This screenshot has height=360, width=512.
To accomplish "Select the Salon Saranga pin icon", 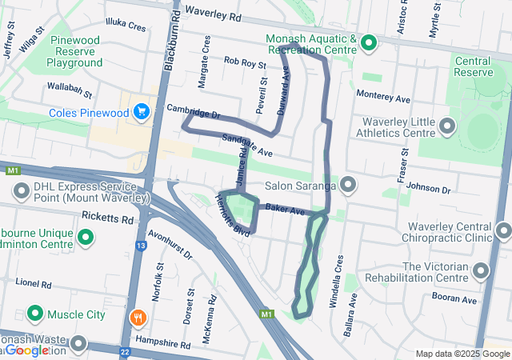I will pos(348,186).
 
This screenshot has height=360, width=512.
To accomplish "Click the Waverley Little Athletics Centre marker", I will pos(446,126).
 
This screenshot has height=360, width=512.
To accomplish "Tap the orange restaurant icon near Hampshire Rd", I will pos(138,317).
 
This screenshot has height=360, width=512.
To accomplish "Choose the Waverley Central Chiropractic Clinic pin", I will pos(503,231).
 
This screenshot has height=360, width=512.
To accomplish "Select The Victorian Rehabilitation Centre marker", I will pos(480,271).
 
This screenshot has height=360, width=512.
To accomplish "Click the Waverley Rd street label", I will pos(212,14).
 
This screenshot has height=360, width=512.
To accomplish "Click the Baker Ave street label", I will pos(286,210).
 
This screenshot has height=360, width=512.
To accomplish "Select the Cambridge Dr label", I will pos(193,112).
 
